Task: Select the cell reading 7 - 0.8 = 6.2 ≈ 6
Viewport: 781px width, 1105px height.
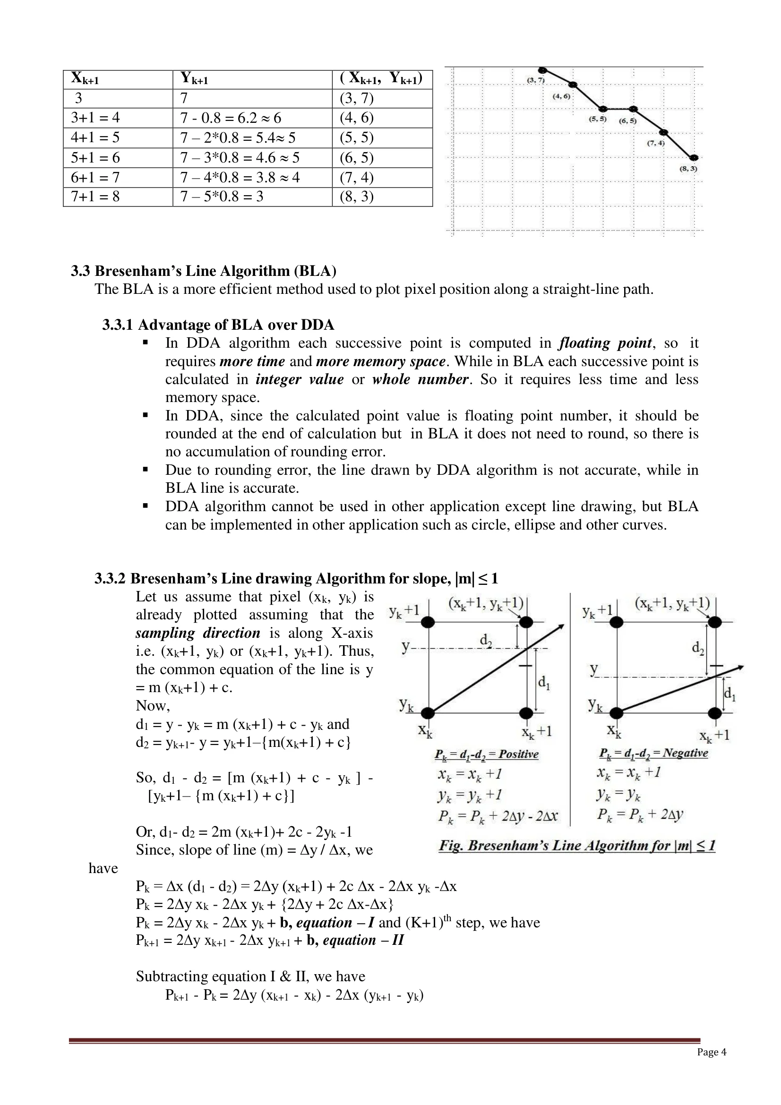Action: [231, 118]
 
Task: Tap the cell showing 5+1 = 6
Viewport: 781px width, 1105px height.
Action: [95, 158]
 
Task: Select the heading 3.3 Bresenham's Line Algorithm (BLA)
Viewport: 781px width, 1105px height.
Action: [204, 271]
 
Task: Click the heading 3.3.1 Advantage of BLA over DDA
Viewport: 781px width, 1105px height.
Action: [218, 325]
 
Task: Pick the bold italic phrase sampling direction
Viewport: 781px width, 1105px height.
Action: [198, 633]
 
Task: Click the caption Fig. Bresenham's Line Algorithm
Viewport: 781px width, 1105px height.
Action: [576, 846]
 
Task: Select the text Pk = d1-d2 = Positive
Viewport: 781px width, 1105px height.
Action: [486, 754]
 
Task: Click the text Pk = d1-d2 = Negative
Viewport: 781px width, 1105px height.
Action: [653, 753]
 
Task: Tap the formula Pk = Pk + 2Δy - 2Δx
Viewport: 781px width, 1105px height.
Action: [498, 816]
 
